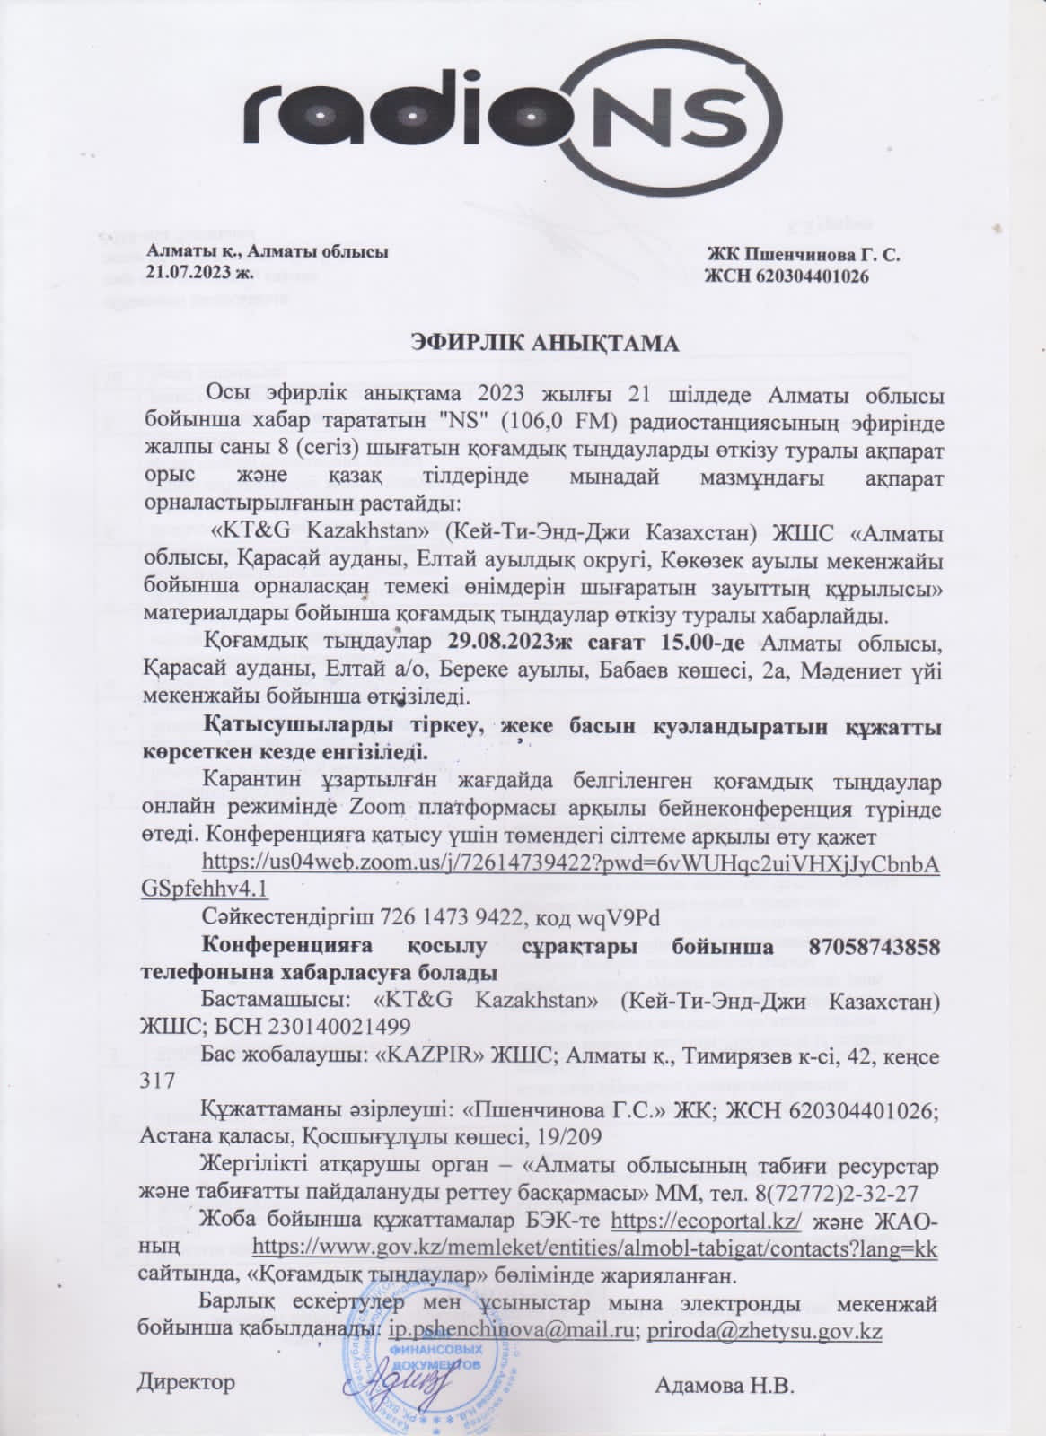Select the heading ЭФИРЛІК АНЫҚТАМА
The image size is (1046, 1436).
pyautogui.click(x=545, y=343)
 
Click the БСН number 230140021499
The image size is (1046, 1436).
pyautogui.click(x=303, y=1026)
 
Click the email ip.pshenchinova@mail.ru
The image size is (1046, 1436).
pyautogui.click(x=509, y=1330)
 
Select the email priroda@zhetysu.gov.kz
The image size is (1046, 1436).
pyautogui.click(x=763, y=1330)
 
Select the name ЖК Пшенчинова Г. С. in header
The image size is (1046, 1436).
pyautogui.click(x=804, y=255)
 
